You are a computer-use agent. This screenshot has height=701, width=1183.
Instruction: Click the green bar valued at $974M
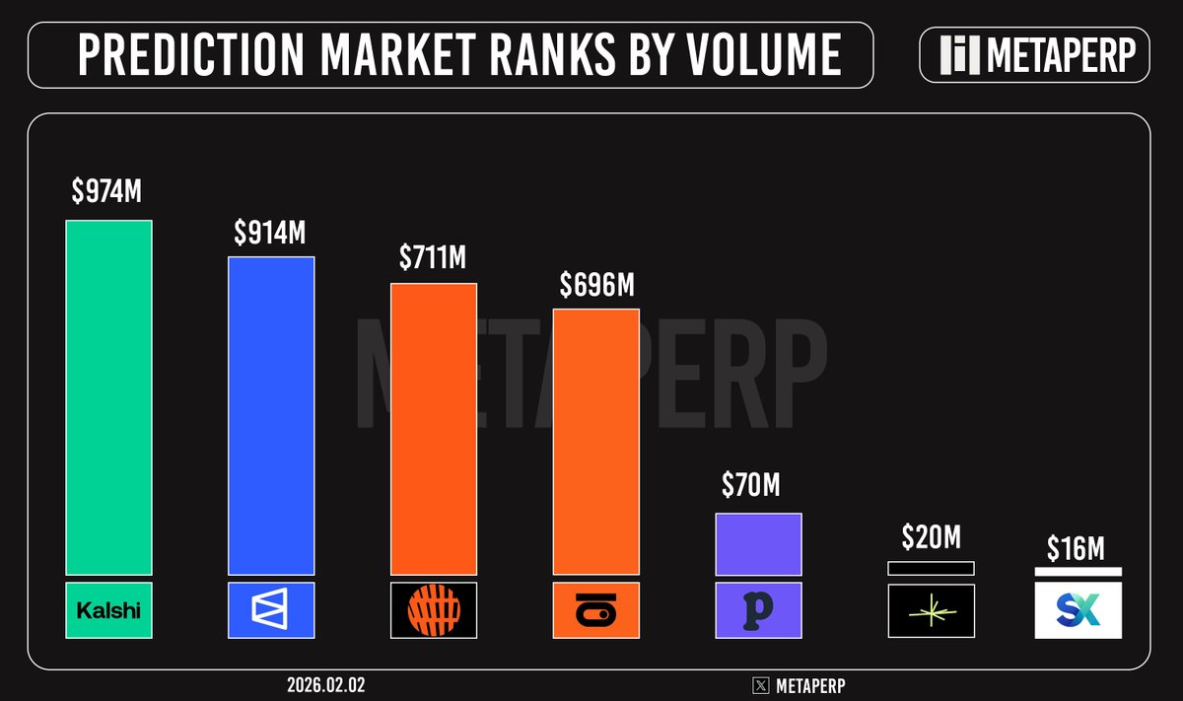108,396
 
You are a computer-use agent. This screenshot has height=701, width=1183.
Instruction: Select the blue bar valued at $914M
271,415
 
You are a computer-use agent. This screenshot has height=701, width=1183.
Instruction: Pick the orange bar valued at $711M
434,428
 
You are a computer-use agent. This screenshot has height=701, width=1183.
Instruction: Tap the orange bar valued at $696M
595,441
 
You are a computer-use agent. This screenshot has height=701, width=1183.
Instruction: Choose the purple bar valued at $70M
758,543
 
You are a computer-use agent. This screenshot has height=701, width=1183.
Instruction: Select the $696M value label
595,285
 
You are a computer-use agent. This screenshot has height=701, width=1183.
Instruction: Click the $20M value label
931,538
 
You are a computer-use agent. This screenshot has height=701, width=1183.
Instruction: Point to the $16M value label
1078,549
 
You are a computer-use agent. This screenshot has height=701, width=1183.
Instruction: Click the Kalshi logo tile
108,610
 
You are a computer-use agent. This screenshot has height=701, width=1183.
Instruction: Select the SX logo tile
1078,610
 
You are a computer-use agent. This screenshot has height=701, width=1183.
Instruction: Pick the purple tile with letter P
758,610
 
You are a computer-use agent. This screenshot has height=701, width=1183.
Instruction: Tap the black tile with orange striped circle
434,610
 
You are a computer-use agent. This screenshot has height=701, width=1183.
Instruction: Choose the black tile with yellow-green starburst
931,611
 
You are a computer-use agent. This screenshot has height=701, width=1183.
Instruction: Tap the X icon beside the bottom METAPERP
760,683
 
